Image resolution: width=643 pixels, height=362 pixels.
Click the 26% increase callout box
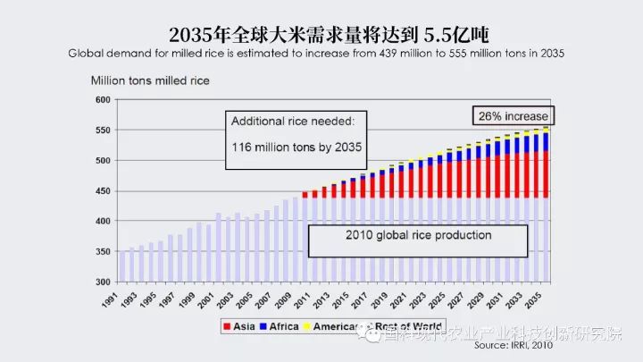[x=513, y=116]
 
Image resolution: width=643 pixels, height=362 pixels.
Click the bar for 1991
[x=121, y=266]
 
